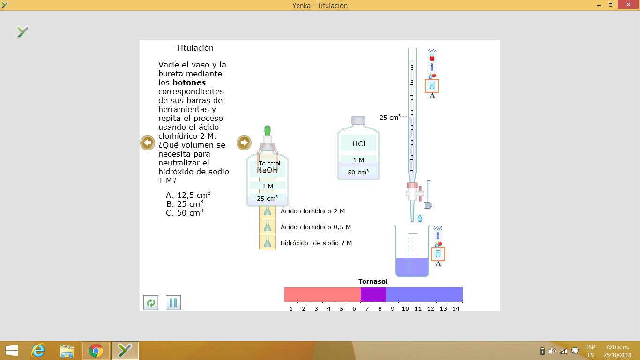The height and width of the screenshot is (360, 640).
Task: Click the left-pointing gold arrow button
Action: click(x=148, y=142)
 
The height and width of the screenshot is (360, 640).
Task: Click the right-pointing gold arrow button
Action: click(x=244, y=142)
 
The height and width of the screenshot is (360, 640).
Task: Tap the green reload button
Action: click(x=150, y=302)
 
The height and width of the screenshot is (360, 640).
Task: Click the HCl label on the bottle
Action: click(x=358, y=143)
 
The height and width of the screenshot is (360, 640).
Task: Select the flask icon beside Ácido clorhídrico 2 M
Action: click(x=268, y=211)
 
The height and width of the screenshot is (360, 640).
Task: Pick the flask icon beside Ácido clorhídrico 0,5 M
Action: click(x=268, y=226)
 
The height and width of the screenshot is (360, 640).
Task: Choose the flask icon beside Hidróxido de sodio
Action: click(x=268, y=242)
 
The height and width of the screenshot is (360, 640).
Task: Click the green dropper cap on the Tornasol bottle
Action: click(x=268, y=131)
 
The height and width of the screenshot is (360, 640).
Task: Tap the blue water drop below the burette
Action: click(x=420, y=219)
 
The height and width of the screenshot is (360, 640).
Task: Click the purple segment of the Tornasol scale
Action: click(x=373, y=294)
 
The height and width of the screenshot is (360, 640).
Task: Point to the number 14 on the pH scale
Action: click(x=456, y=309)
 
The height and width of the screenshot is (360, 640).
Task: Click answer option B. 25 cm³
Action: click(x=185, y=203)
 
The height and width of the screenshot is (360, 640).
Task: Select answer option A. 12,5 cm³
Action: click(x=188, y=195)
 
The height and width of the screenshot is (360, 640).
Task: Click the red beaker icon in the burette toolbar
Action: click(x=432, y=58)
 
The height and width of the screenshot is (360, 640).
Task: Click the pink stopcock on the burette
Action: click(x=412, y=185)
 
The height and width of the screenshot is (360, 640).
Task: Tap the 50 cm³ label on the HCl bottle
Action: click(x=358, y=172)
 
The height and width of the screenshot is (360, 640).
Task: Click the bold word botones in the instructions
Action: click(x=189, y=82)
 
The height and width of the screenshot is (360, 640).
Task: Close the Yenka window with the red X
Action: click(x=628, y=5)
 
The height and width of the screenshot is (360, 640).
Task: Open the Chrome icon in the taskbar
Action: click(x=96, y=351)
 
